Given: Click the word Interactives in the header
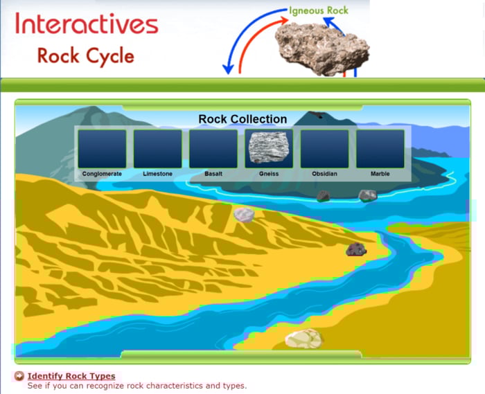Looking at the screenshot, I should (x=87, y=25).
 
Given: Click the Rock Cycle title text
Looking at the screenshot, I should (x=87, y=55).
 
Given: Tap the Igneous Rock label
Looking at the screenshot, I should (x=319, y=10).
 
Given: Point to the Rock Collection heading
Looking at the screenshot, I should (x=242, y=119).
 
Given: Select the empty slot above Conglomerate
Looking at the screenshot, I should (x=102, y=148).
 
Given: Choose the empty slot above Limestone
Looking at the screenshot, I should (x=158, y=148).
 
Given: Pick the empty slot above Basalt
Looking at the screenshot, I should (x=213, y=148).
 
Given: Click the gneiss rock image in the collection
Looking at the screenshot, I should (x=269, y=148).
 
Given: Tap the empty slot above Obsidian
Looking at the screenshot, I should (x=324, y=148).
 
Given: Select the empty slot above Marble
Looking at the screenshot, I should (x=380, y=148).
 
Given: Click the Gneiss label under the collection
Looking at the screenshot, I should (x=269, y=174).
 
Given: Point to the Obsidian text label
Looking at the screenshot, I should (x=324, y=174).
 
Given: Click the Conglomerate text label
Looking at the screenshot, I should (x=102, y=174).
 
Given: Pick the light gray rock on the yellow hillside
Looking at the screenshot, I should (x=244, y=215).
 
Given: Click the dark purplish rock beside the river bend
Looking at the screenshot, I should (x=356, y=249).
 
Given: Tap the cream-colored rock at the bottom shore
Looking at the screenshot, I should (x=304, y=339).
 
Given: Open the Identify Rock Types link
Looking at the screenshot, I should (x=71, y=376).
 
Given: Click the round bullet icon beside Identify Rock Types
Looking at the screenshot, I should (x=19, y=376).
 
